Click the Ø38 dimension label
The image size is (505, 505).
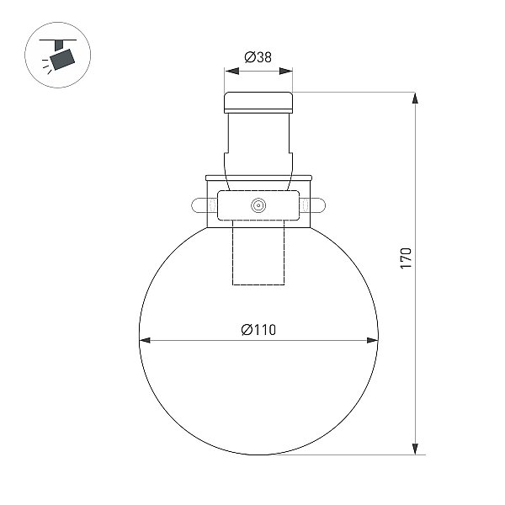258,57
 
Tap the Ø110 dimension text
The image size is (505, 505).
258,330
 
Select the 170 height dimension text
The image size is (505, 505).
406,258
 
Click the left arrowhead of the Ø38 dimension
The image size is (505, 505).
232,72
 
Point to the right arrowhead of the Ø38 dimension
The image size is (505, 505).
285,72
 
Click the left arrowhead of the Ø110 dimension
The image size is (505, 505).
145,340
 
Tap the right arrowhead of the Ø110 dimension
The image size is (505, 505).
373,340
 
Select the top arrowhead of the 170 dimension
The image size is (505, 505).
416,98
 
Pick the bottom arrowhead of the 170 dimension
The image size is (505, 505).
416,449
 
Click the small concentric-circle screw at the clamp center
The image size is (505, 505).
258,205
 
